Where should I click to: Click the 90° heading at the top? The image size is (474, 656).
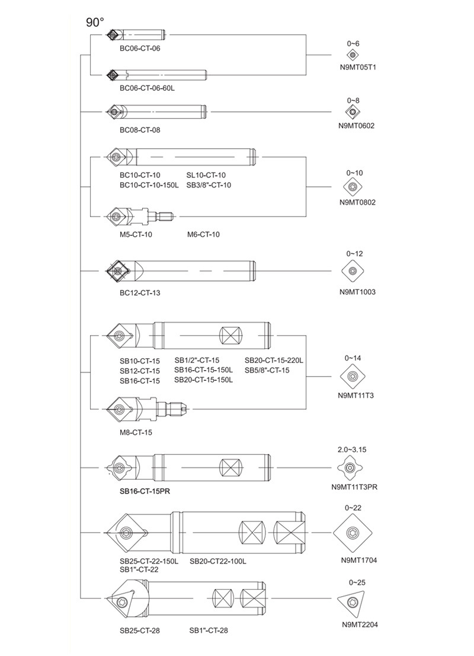pyautogui.click(x=95, y=23)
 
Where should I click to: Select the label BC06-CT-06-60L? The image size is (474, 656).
pyautogui.click(x=147, y=88)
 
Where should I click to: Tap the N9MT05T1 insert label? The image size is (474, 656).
pyautogui.click(x=353, y=67)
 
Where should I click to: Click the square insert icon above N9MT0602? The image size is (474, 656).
pyautogui.click(x=353, y=112)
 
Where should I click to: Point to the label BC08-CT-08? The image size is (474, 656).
pyautogui.click(x=140, y=129)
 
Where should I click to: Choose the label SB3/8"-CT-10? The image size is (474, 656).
pyautogui.click(x=209, y=185)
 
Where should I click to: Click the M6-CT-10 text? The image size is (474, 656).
pyautogui.click(x=203, y=234)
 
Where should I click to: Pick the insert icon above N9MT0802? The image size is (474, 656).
pyautogui.click(x=353, y=187)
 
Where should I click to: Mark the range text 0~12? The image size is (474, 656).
pyautogui.click(x=353, y=254)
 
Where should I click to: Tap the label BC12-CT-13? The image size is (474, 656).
pyautogui.click(x=140, y=292)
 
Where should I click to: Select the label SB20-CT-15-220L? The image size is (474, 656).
pyautogui.click(x=274, y=361)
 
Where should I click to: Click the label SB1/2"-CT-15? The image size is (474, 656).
pyautogui.click(x=197, y=360)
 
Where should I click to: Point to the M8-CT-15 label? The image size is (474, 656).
pyautogui.click(x=136, y=432)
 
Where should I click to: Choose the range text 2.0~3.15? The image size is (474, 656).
pyautogui.click(x=351, y=450)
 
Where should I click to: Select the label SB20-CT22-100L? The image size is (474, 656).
pyautogui.click(x=217, y=561)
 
